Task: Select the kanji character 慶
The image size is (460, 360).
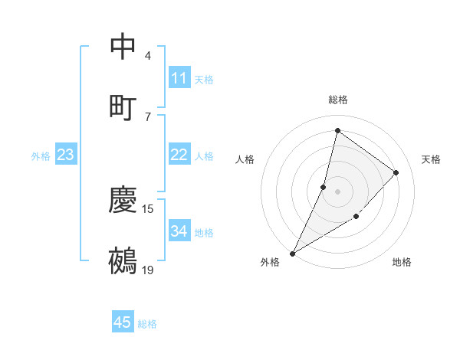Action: point(123,200)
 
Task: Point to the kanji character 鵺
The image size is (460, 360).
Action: point(123,260)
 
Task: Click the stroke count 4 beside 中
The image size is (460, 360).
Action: point(148,56)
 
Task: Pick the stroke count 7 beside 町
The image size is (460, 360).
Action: point(148,116)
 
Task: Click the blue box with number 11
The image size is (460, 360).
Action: point(179,78)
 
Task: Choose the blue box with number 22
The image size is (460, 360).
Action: point(179,155)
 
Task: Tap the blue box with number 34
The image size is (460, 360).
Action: point(179,231)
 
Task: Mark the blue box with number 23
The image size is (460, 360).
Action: point(66,155)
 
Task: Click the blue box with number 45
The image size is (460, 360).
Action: point(123,322)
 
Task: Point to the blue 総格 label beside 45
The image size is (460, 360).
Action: point(147,324)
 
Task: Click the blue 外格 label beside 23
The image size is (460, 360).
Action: point(41,156)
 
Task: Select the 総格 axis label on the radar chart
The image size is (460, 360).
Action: point(337,100)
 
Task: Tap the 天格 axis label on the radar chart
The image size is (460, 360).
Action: point(431,159)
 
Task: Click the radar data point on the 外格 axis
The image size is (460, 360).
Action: point(292,253)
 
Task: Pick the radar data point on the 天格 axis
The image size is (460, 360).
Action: point(396,172)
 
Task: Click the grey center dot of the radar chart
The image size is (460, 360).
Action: point(337,191)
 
